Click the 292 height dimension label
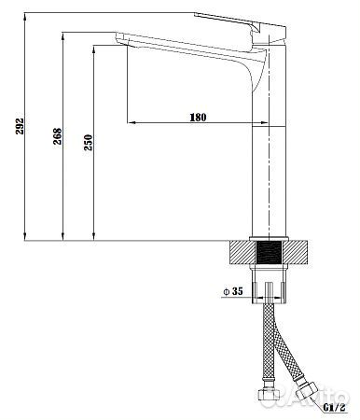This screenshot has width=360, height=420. click(20, 126)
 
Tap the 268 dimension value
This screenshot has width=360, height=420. click(57, 136)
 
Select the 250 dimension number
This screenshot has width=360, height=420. click(88, 143)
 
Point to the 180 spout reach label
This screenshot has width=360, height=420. click(198, 118)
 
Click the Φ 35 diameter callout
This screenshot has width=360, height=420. click(233, 291)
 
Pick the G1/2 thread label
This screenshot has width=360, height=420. click(334, 407)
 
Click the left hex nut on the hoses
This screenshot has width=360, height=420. click(270, 395)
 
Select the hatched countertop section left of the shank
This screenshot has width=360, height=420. click(242, 252)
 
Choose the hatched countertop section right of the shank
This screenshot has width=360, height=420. click(295, 252)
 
